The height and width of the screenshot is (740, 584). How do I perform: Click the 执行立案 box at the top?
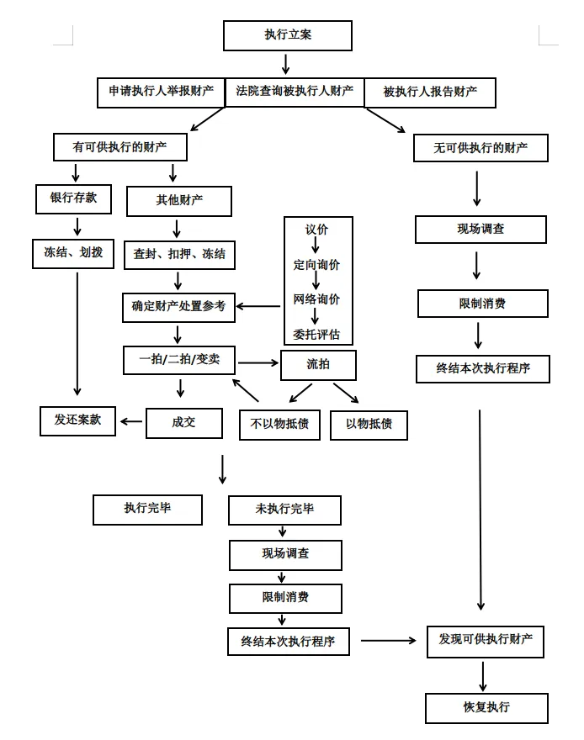(x=287, y=35)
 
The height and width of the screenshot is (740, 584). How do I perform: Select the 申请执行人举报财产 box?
(x=161, y=92)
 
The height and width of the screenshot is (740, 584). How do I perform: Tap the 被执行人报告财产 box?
(x=429, y=92)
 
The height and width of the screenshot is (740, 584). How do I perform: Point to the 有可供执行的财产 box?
(x=119, y=146)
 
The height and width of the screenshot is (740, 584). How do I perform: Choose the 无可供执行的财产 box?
(x=480, y=148)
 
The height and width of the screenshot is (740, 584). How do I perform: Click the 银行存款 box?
(x=73, y=198)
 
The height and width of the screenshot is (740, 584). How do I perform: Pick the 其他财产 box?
(x=179, y=201)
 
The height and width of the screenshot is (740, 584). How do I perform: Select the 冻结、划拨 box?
(x=73, y=251)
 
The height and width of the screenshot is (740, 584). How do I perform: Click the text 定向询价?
(x=316, y=265)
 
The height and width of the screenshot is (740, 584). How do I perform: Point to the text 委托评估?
(x=316, y=333)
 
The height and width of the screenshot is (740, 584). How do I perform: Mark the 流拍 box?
(x=318, y=364)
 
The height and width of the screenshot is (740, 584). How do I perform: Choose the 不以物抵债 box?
(x=279, y=424)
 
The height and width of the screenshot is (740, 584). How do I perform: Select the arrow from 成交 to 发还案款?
(x=131, y=420)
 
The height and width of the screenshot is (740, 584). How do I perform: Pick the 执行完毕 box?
(x=148, y=510)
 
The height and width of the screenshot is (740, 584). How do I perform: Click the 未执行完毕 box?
(x=284, y=510)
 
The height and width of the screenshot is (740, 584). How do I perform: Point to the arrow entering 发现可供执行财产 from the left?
(x=389, y=641)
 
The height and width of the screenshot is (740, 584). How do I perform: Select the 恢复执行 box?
(x=486, y=707)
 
